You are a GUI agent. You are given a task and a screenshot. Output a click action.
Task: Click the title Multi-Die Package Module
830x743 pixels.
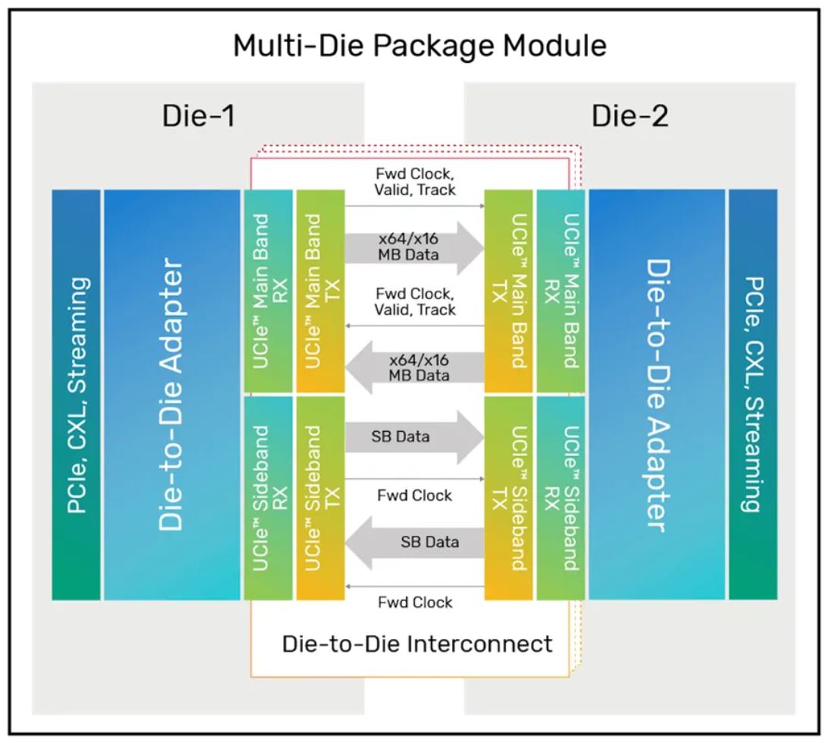coord(420,46)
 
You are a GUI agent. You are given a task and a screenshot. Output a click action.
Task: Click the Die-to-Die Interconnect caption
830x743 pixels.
coord(417,644)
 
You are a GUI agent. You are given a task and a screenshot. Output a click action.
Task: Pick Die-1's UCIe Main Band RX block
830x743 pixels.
coord(269,291)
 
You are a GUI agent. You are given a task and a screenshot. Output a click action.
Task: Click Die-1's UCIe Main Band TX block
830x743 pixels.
coord(320,291)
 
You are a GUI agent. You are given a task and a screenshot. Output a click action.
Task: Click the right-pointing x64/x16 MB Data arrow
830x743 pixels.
coord(414,246)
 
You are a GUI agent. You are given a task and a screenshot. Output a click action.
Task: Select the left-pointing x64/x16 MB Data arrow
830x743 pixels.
coord(414,366)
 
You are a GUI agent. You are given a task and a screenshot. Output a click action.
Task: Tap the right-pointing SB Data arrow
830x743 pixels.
coord(414,436)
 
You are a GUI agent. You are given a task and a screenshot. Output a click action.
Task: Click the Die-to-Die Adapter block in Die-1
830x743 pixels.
coord(171,395)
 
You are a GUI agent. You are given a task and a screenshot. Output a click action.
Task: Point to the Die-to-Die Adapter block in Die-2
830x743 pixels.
coord(656,395)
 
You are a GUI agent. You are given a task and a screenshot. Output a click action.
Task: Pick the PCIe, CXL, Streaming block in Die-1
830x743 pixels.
coord(76,395)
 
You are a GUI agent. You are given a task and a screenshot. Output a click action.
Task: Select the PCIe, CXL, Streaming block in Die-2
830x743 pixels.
coord(753,395)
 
